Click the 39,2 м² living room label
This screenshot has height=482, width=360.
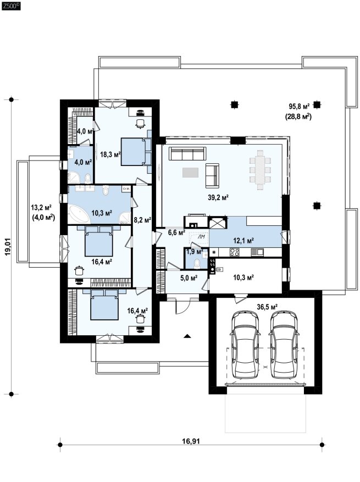point(218,197)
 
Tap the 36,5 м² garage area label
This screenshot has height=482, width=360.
point(267,307)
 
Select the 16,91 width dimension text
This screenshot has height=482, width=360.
point(191,441)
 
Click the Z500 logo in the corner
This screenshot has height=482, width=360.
point(11,5)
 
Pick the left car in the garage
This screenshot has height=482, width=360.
point(245,344)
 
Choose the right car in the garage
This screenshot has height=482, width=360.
point(284,344)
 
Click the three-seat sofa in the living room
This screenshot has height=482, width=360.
point(188,153)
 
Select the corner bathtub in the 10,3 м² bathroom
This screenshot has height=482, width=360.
point(79,214)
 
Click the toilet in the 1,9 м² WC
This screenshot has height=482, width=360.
point(197,264)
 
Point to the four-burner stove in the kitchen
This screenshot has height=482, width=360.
point(235,252)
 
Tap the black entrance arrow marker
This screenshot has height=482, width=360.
point(187,336)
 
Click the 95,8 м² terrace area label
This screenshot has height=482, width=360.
point(299,107)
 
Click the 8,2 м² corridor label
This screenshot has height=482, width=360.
point(142,220)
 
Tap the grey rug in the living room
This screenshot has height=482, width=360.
point(190,173)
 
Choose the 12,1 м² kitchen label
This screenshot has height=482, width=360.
point(243,240)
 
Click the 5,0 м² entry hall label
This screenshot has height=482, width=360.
point(189,278)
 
